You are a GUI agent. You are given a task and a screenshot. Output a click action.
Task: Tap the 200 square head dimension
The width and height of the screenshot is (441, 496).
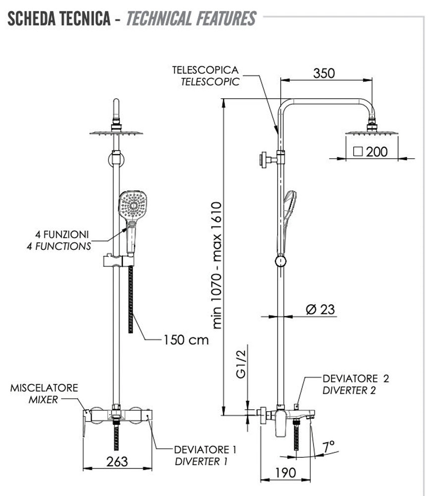pos(377,151)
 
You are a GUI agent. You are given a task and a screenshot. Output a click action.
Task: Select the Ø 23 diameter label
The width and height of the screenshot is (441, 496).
pos(320,310)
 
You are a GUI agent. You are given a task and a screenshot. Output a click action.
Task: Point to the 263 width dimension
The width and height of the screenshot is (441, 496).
pos(117,461)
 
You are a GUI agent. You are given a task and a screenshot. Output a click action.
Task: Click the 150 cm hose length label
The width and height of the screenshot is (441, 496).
pos(186,340)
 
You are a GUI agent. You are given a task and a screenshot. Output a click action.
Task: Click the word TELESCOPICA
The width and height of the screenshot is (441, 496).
pos(205,70)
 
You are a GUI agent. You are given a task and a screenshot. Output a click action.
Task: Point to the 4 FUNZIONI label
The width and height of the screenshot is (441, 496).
pos(62,234)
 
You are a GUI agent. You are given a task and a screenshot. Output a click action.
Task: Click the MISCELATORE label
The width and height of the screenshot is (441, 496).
pos(44,387)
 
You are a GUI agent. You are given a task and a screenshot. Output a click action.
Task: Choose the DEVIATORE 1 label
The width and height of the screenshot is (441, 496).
pos(205,450)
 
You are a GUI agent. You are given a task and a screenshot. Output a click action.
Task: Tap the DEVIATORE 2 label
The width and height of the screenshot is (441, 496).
pos(356,379)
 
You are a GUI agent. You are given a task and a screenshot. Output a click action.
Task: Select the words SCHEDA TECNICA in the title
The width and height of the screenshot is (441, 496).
pos(58,18)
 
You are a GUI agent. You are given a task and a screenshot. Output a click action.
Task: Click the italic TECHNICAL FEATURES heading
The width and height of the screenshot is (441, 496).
pos(191,18)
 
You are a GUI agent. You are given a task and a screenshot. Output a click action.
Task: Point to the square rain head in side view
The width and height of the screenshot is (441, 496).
pos(372,132)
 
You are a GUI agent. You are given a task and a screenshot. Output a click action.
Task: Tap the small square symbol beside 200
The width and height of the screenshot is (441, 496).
pos(359,151)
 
